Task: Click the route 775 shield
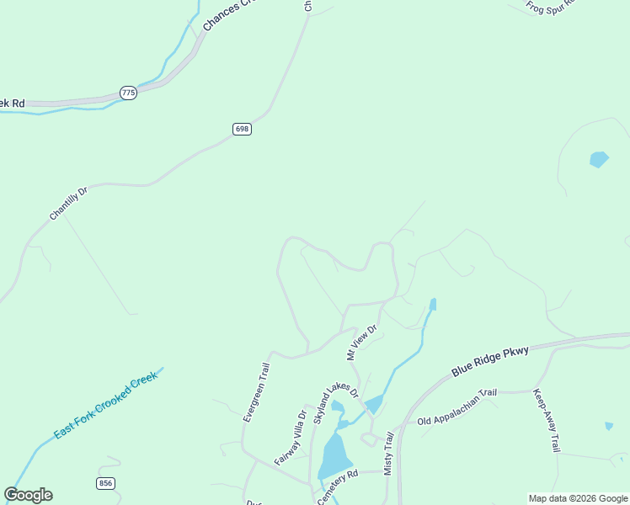[128, 93]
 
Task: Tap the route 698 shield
[243, 129]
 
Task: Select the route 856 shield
[105, 483]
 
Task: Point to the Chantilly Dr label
[68, 204]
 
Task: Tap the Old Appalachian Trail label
[458, 407]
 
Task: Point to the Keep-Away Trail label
[546, 421]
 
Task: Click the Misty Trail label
[389, 454]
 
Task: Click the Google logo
[29, 495]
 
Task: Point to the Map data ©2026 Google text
[577, 498]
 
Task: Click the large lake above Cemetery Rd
[334, 456]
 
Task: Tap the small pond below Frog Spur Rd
[599, 159]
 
